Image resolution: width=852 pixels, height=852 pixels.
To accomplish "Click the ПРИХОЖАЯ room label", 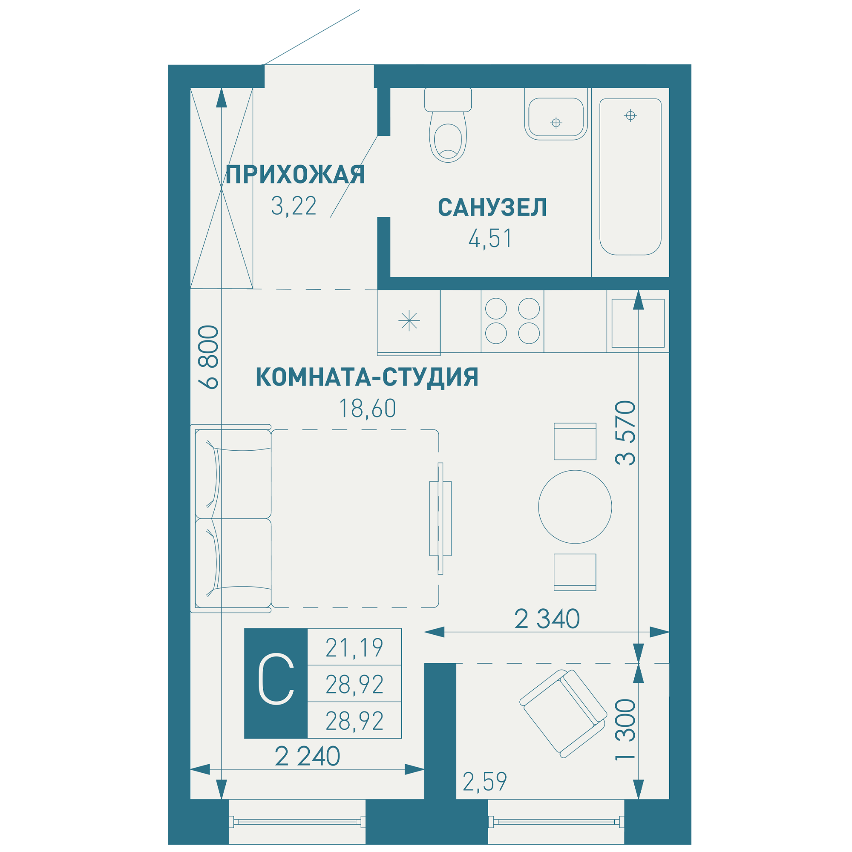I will pyautogui.click(x=295, y=175).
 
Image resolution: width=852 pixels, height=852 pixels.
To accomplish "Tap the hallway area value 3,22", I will pyautogui.click(x=294, y=206).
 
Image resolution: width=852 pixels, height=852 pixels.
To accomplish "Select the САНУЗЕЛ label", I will pyautogui.click(x=492, y=208).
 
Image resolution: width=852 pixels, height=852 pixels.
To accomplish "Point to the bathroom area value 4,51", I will pyautogui.click(x=490, y=239).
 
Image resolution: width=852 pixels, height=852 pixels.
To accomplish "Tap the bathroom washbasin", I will pyautogui.click(x=556, y=117).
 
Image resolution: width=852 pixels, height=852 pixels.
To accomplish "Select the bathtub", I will pyautogui.click(x=630, y=176).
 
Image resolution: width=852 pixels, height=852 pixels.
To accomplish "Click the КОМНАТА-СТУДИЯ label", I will pyautogui.click(x=367, y=377).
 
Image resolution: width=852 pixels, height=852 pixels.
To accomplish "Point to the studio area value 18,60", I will pyautogui.click(x=367, y=409).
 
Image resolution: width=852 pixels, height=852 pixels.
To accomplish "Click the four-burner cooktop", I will pyautogui.click(x=512, y=321).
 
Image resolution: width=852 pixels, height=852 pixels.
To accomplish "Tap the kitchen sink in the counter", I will pyautogui.click(x=638, y=323).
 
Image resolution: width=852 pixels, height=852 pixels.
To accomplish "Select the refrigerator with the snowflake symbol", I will pyautogui.click(x=409, y=321).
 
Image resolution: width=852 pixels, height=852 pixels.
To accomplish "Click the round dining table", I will pyautogui.click(x=575, y=507).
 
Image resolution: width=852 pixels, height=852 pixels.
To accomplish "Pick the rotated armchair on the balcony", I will pyautogui.click(x=563, y=714).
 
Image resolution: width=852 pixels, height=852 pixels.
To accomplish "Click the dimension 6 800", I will pyautogui.click(x=209, y=357).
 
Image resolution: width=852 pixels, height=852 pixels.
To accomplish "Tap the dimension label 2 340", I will pyautogui.click(x=547, y=619).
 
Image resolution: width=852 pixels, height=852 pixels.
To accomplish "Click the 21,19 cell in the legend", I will pyautogui.click(x=354, y=648).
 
